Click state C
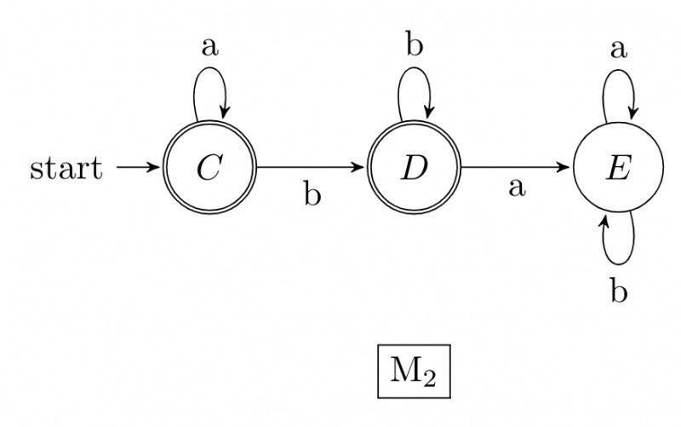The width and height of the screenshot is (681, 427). pyautogui.click(x=209, y=167)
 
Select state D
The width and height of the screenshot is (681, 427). pyautogui.click(x=414, y=167)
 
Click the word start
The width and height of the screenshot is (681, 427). pyautogui.click(x=66, y=168)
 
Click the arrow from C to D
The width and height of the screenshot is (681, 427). pyautogui.click(x=312, y=167)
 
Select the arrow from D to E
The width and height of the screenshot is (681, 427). pyautogui.click(x=516, y=167)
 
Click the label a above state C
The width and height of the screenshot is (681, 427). pyautogui.click(x=209, y=48)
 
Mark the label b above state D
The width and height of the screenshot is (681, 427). pyautogui.click(x=415, y=45)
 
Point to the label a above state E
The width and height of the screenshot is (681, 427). pyautogui.click(x=619, y=48)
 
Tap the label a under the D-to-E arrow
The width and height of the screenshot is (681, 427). pyautogui.click(x=517, y=187)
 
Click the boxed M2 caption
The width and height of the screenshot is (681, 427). pyautogui.click(x=414, y=372)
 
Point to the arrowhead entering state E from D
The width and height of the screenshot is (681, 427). pyautogui.click(x=566, y=167)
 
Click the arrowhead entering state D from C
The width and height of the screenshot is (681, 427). pyautogui.click(x=362, y=167)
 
